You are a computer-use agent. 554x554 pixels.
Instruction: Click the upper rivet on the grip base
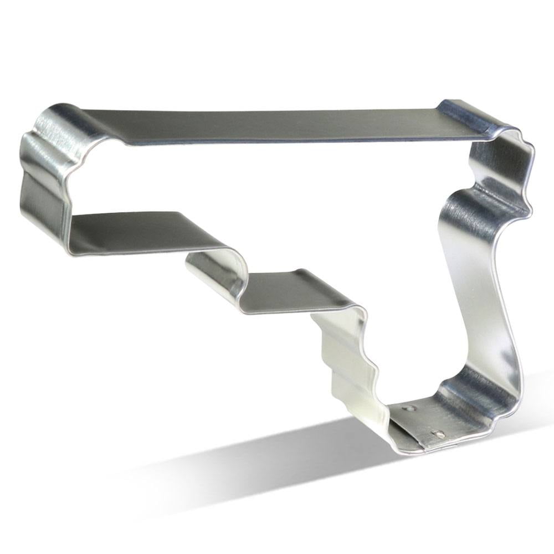tap(410, 408)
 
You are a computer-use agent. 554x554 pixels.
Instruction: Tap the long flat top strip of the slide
tap(277, 125)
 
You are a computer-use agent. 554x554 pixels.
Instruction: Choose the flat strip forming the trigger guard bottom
tap(294, 291)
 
